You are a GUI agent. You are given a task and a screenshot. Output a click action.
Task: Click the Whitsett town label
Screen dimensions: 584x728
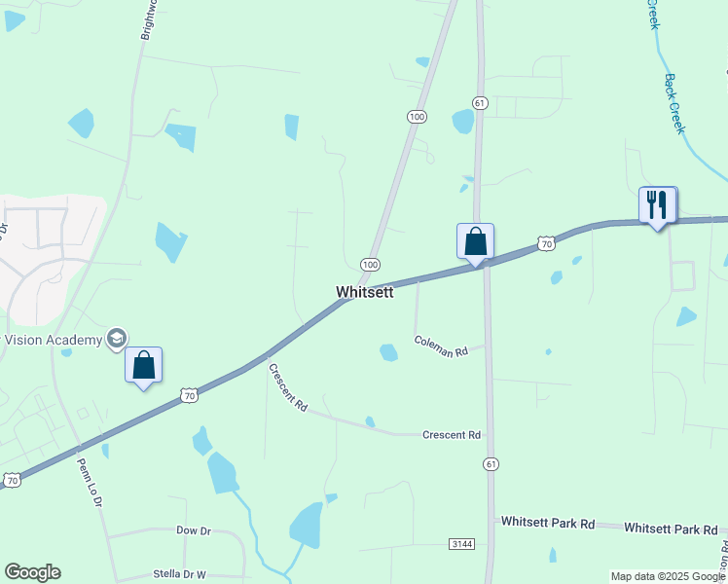365,292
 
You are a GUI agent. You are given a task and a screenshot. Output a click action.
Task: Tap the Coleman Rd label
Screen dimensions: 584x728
441,345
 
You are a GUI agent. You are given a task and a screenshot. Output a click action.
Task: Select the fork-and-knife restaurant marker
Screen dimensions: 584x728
657,205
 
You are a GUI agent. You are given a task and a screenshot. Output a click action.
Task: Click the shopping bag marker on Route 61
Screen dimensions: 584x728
475,241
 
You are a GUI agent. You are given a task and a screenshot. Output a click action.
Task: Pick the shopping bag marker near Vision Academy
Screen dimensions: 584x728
143,365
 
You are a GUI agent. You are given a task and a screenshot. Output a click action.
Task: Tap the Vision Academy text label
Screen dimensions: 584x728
54,340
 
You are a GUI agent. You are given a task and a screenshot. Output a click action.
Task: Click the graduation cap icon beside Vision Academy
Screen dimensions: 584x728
117,338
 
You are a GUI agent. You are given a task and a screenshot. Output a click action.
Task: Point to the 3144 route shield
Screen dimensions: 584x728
462,543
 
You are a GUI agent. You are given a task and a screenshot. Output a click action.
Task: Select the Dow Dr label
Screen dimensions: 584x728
194,530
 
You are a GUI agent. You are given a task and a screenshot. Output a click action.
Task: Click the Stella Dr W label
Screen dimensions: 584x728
180,574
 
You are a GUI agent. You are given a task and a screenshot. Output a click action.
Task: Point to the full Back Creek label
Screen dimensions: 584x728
682,101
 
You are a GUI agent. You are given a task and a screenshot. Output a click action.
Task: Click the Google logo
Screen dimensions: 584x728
32,572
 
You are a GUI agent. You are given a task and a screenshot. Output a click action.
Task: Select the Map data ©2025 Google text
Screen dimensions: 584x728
668,576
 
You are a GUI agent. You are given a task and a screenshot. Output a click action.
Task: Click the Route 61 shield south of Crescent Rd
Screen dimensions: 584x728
491,465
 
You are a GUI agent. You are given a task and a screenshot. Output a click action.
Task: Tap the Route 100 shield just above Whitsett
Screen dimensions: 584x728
370,264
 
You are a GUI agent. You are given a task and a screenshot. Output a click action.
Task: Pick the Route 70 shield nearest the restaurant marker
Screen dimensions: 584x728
547,243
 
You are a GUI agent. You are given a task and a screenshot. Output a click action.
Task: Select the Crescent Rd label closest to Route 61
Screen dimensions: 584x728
452,435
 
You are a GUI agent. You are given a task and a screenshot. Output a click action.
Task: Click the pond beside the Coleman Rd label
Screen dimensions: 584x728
389,352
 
